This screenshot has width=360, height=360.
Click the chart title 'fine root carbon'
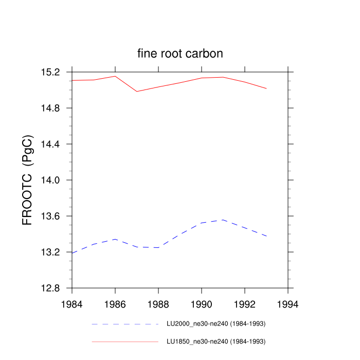pyautogui.click(x=179, y=53)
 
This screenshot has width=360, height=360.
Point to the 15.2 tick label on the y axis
pyautogui.click(x=57, y=72)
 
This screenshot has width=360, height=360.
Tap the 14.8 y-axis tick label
pyautogui.click(x=57, y=109)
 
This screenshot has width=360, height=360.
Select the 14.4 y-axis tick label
pyautogui.click(x=57, y=145)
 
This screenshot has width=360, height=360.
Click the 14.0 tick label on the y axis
pyautogui.click(x=57, y=181)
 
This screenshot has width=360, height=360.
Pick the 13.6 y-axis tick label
pyautogui.click(x=57, y=217)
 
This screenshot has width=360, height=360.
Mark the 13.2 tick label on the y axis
pyautogui.click(x=57, y=253)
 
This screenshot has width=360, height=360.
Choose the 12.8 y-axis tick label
pyautogui.click(x=57, y=289)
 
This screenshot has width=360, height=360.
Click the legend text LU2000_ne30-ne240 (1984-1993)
pyautogui.click(x=216, y=324)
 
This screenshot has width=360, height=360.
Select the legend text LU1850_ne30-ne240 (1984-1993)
pyautogui.click(x=216, y=341)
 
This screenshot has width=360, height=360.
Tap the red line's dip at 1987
pyautogui.click(x=137, y=92)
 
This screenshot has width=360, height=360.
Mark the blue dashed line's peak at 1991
pyautogui.click(x=223, y=220)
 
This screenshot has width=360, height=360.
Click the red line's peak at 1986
pyautogui.click(x=115, y=76)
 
